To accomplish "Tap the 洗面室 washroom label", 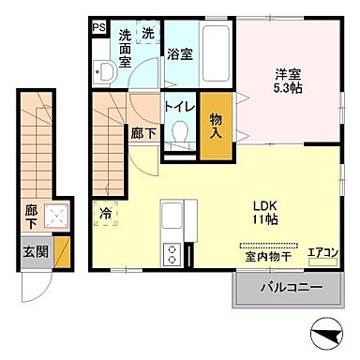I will click(125, 50).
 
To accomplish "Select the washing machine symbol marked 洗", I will click(147, 33).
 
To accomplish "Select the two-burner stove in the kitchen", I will click(172, 253).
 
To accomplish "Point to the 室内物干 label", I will click(266, 256).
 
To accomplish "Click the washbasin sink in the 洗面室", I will click(107, 70).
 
